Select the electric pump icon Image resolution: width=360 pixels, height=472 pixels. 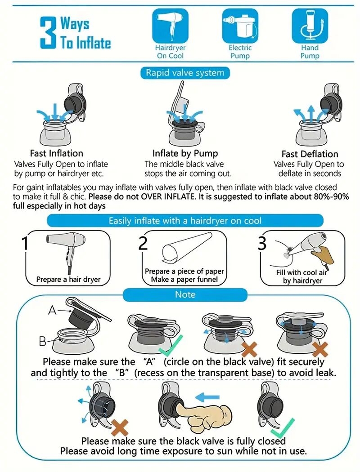(x=239, y=26)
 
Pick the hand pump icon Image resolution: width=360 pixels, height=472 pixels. (x=310, y=26)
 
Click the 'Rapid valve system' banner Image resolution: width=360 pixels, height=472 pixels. (x=185, y=73)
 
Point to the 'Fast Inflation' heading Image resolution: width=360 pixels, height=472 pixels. (x=56, y=153)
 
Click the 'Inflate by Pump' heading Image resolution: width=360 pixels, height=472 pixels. (x=185, y=153)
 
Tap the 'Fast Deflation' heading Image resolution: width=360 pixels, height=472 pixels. (x=310, y=154)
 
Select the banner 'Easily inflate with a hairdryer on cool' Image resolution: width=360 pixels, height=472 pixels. (x=185, y=221)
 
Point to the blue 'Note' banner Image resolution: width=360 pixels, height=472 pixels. (x=185, y=294)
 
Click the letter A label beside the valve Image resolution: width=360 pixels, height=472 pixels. (x=53, y=310)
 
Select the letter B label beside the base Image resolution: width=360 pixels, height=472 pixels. (x=42, y=342)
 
